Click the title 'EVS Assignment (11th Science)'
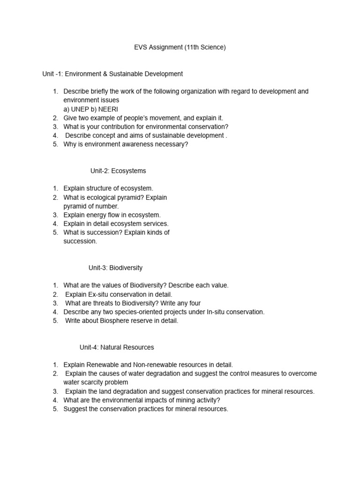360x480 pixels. point(180,47)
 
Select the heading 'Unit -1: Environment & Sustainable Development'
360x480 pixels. point(112,74)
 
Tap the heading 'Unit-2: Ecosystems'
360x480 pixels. point(118,171)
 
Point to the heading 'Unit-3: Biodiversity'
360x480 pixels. point(115,268)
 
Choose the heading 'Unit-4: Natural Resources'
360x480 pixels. point(117,347)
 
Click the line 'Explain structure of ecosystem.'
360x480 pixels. point(108,188)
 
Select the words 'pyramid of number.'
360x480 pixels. point(91,206)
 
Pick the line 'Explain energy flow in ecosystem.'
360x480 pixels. point(112,215)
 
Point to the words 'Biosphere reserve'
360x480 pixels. point(125,321)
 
